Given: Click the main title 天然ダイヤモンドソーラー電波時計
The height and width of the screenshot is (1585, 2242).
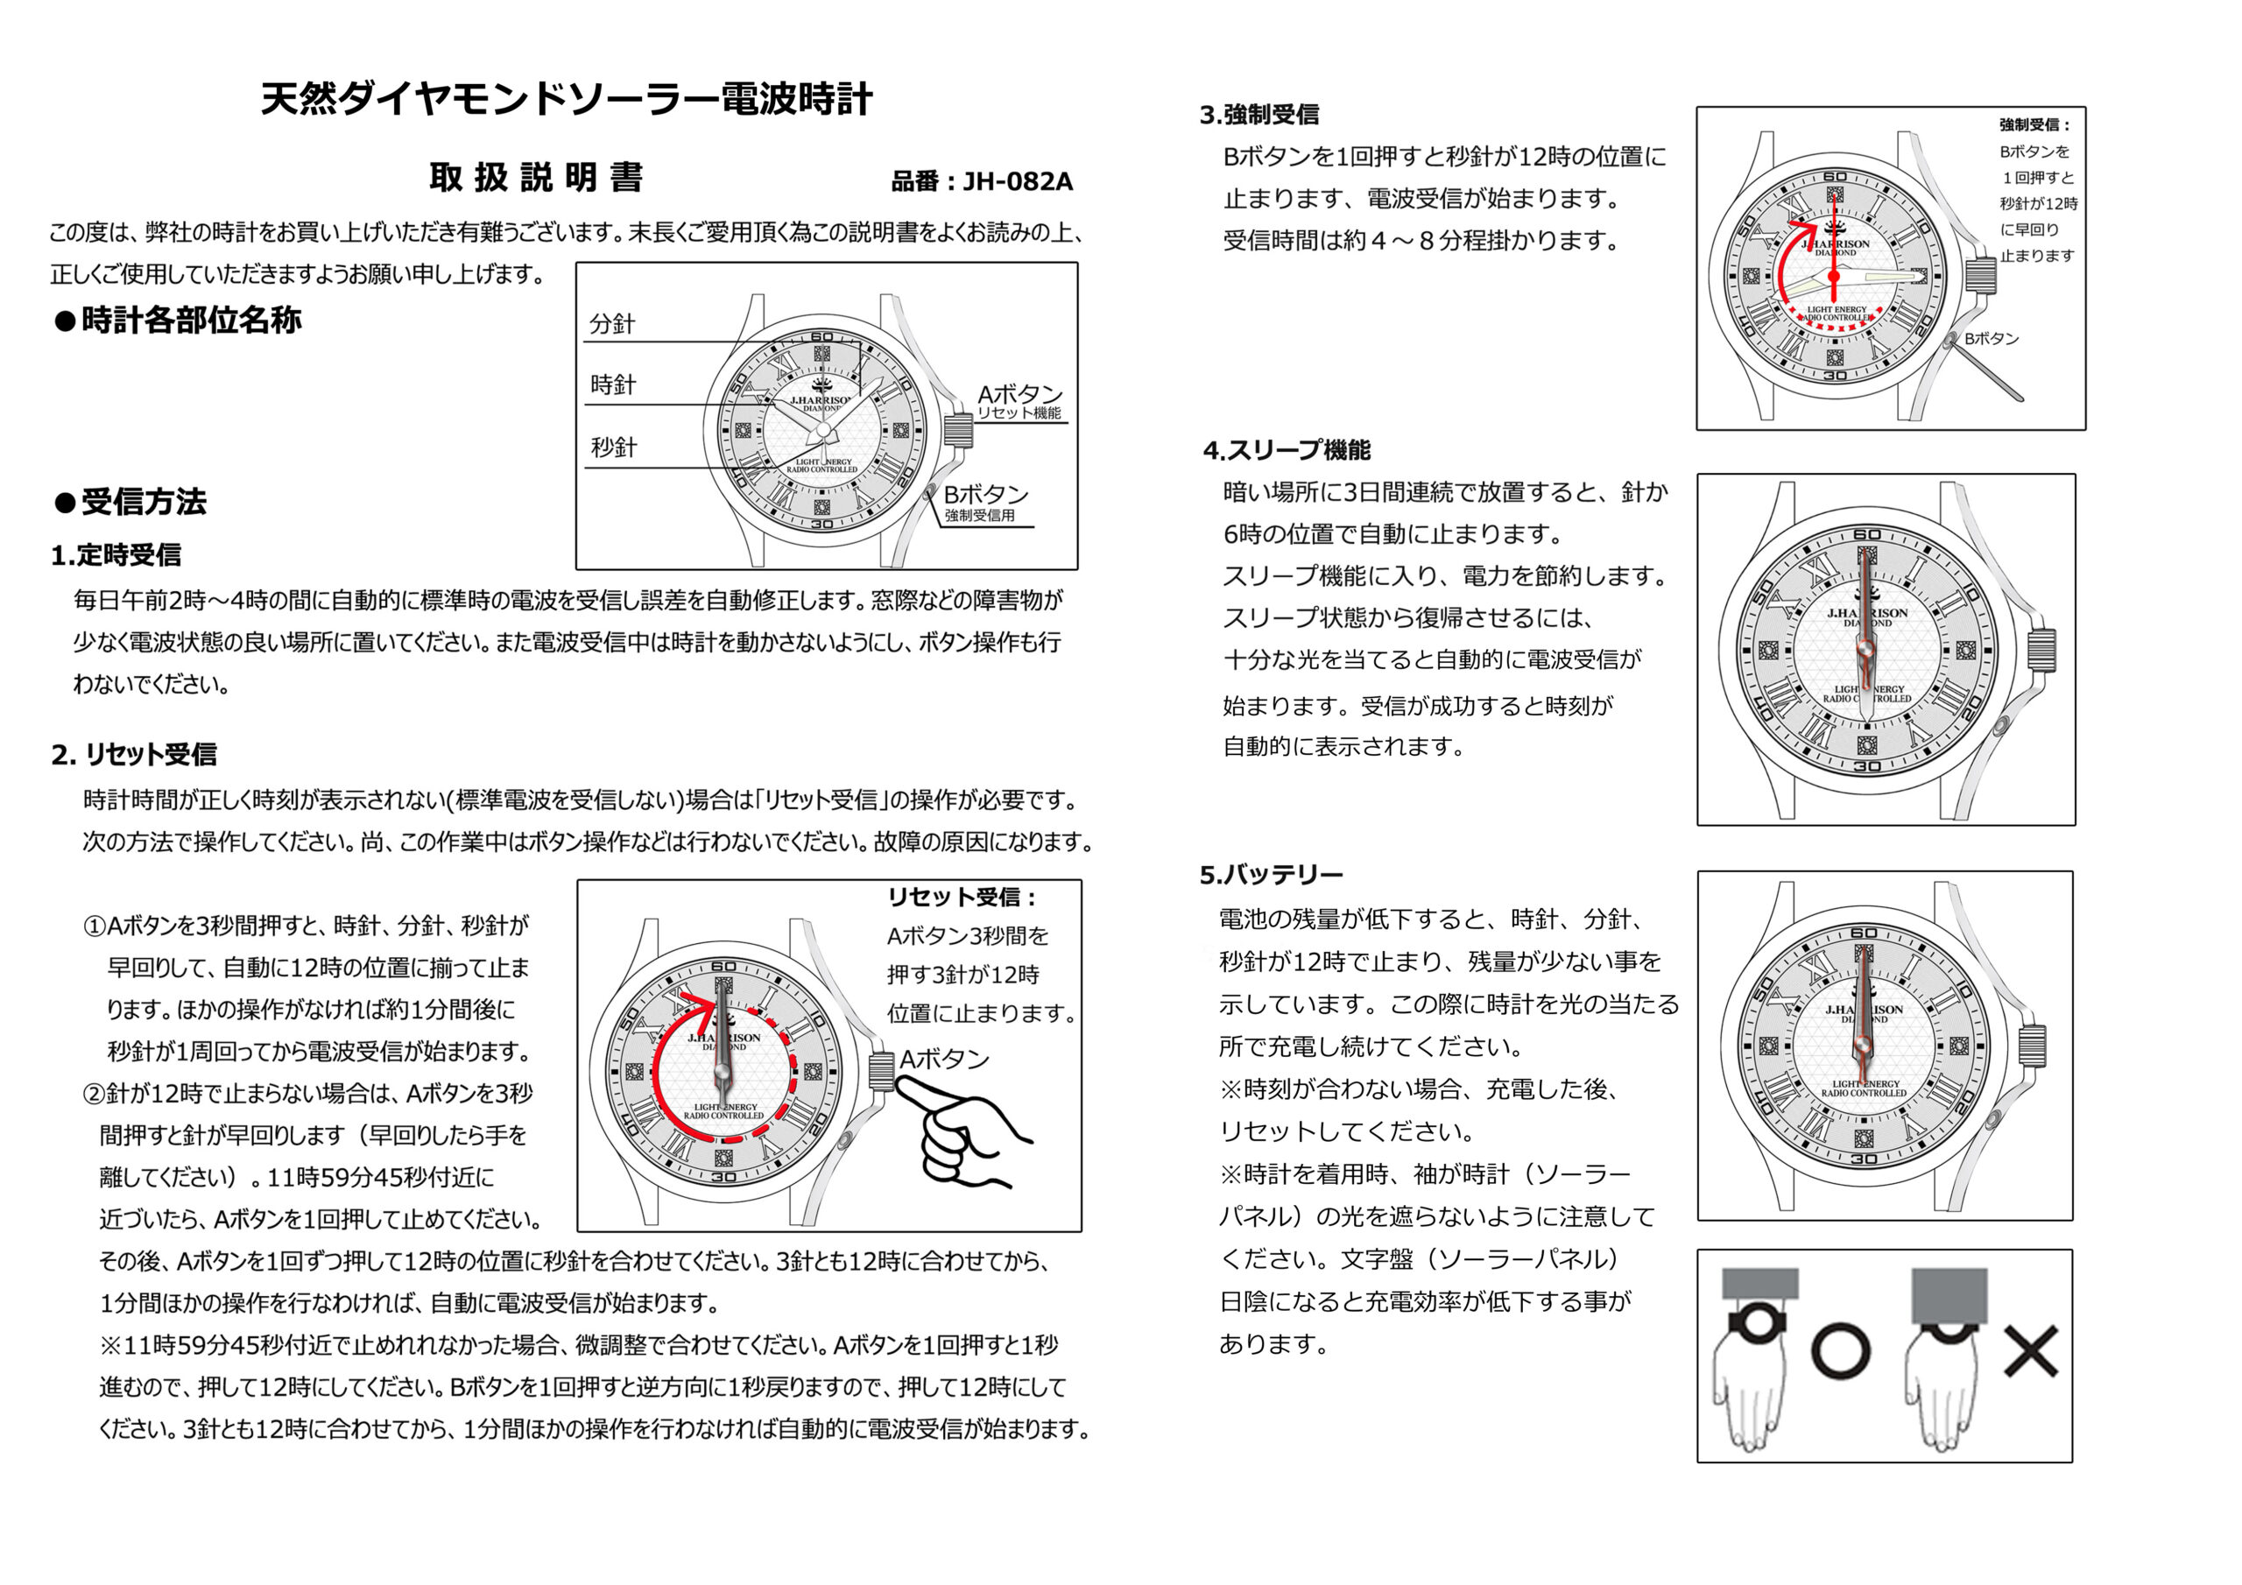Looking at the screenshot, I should coord(567,100).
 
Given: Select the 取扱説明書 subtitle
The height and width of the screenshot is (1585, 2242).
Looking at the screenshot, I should coord(536,178).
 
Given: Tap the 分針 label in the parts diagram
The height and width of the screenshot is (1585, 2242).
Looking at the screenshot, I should coord(612,324).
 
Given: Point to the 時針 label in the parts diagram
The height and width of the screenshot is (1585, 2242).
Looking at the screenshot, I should coord(613,384).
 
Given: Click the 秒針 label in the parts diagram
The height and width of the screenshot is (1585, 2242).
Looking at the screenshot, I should coord(613,447).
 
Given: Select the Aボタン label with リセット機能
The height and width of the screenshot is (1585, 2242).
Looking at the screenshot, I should coord(1019,400).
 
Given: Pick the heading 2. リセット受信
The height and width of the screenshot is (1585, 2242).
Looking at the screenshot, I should coord(134,754).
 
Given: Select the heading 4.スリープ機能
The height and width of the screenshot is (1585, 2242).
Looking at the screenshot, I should coord(1287,450).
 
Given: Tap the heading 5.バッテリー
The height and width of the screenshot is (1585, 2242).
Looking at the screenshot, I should coord(1272,874).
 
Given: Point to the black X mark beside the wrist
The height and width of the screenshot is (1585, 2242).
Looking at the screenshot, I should coord(2030,1351).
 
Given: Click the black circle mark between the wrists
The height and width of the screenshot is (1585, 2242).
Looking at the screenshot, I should coord(1841,1351).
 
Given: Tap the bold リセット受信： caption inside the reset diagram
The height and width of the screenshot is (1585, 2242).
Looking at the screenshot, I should coord(962,897).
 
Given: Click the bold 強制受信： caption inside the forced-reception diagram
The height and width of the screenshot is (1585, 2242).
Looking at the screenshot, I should coord(2035,125).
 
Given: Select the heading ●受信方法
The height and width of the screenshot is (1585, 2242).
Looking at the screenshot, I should coord(130,502).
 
